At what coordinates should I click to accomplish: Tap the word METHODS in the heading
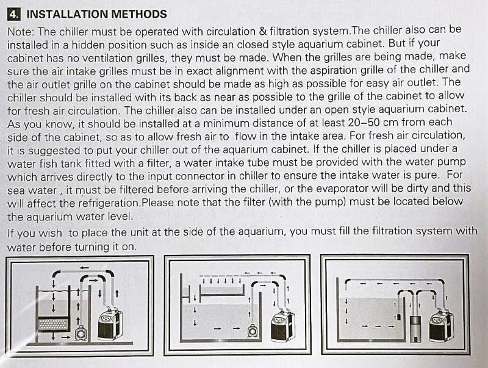(x=139, y=13)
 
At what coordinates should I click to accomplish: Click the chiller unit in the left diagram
(x=110, y=324)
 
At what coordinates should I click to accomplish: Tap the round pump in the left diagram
(x=80, y=333)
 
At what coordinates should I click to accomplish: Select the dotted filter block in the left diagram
(x=53, y=324)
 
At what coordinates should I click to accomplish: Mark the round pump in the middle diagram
(x=251, y=330)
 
